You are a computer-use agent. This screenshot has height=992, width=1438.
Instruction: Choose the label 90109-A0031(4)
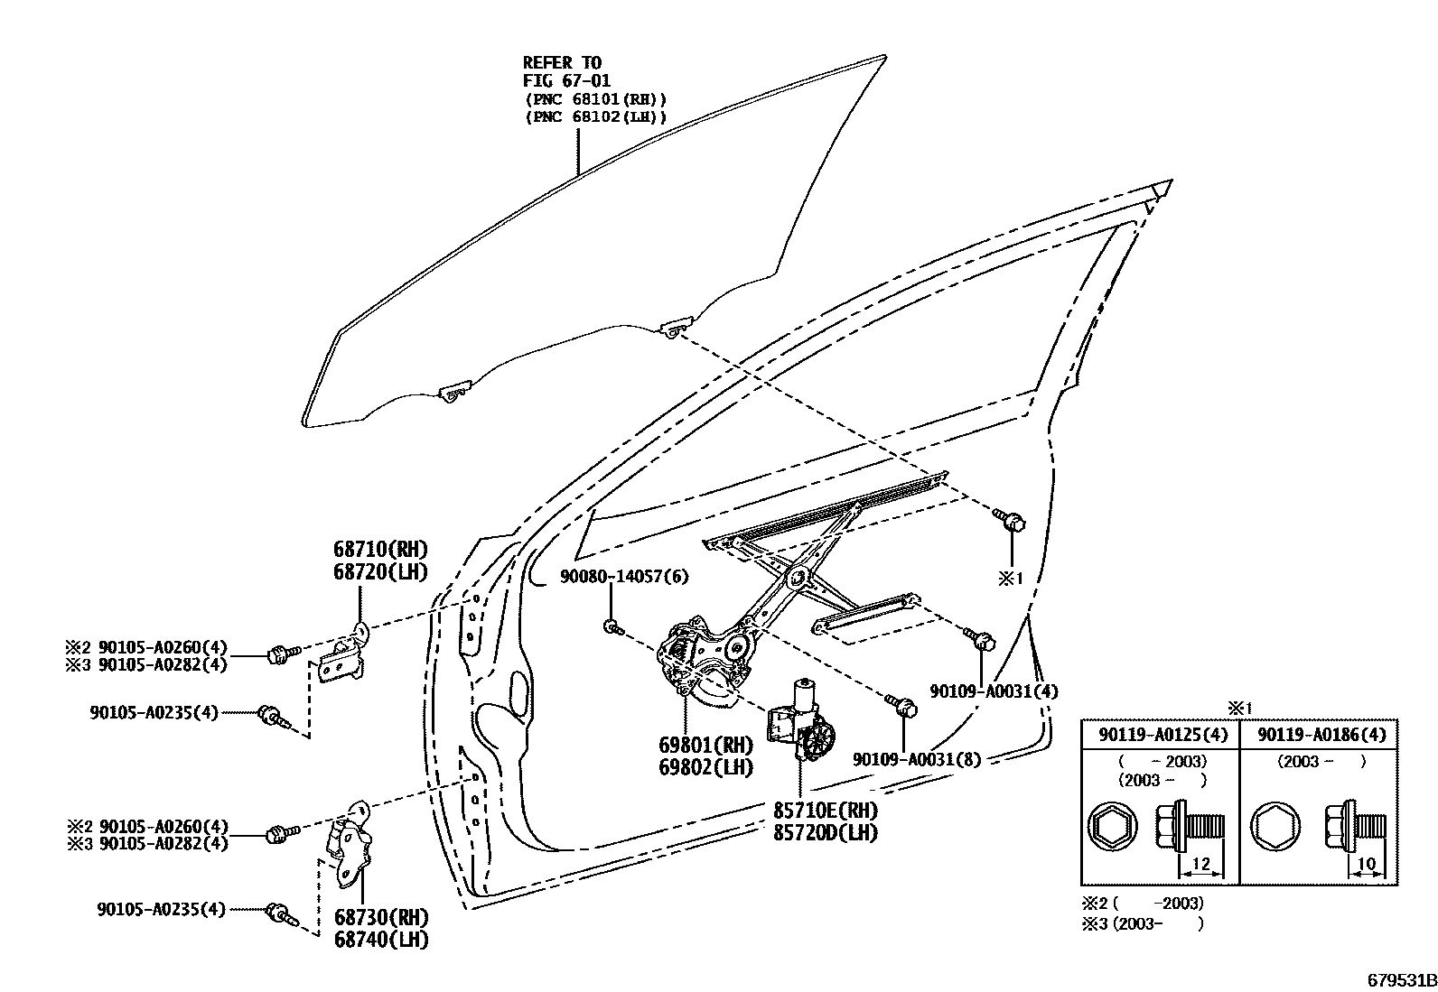(994, 691)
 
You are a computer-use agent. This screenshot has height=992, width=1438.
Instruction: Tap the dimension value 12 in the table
(1200, 865)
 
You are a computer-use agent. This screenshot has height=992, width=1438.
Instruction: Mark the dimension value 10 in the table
(1367, 865)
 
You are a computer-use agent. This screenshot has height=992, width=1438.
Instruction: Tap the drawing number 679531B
(1399, 979)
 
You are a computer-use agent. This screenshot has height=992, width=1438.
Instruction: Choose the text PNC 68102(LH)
(595, 117)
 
